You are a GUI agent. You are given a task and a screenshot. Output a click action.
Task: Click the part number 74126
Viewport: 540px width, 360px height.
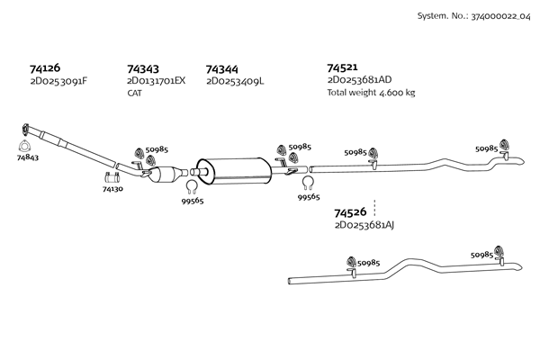coord(46,68)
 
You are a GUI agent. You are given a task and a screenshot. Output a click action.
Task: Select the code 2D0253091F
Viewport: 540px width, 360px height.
coord(58,81)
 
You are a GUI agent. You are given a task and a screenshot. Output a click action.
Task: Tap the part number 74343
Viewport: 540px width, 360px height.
coord(144,68)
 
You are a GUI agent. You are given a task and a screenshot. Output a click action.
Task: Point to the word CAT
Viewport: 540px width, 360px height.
coord(135,93)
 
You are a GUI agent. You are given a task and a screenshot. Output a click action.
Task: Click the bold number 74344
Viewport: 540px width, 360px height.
coord(221,68)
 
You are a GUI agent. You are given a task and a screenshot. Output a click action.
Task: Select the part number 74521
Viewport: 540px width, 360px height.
coord(343,67)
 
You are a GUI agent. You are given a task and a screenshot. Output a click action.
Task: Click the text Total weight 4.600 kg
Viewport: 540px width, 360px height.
coord(371,93)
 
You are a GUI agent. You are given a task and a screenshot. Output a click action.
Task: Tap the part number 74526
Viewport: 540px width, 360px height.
coord(350,212)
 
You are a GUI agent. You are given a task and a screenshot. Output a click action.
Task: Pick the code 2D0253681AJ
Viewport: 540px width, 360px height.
coord(364,225)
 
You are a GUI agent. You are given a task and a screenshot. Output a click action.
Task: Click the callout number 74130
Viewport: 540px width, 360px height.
coord(112,189)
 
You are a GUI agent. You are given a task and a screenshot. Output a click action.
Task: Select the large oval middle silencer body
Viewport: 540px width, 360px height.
coord(234,167)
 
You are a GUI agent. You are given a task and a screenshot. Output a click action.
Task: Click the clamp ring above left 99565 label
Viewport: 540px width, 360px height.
coord(192,188)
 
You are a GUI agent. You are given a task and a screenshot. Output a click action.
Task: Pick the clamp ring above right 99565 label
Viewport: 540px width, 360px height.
coord(308,183)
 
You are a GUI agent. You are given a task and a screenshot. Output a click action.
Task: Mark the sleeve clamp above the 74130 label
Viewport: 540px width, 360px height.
coord(112,176)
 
